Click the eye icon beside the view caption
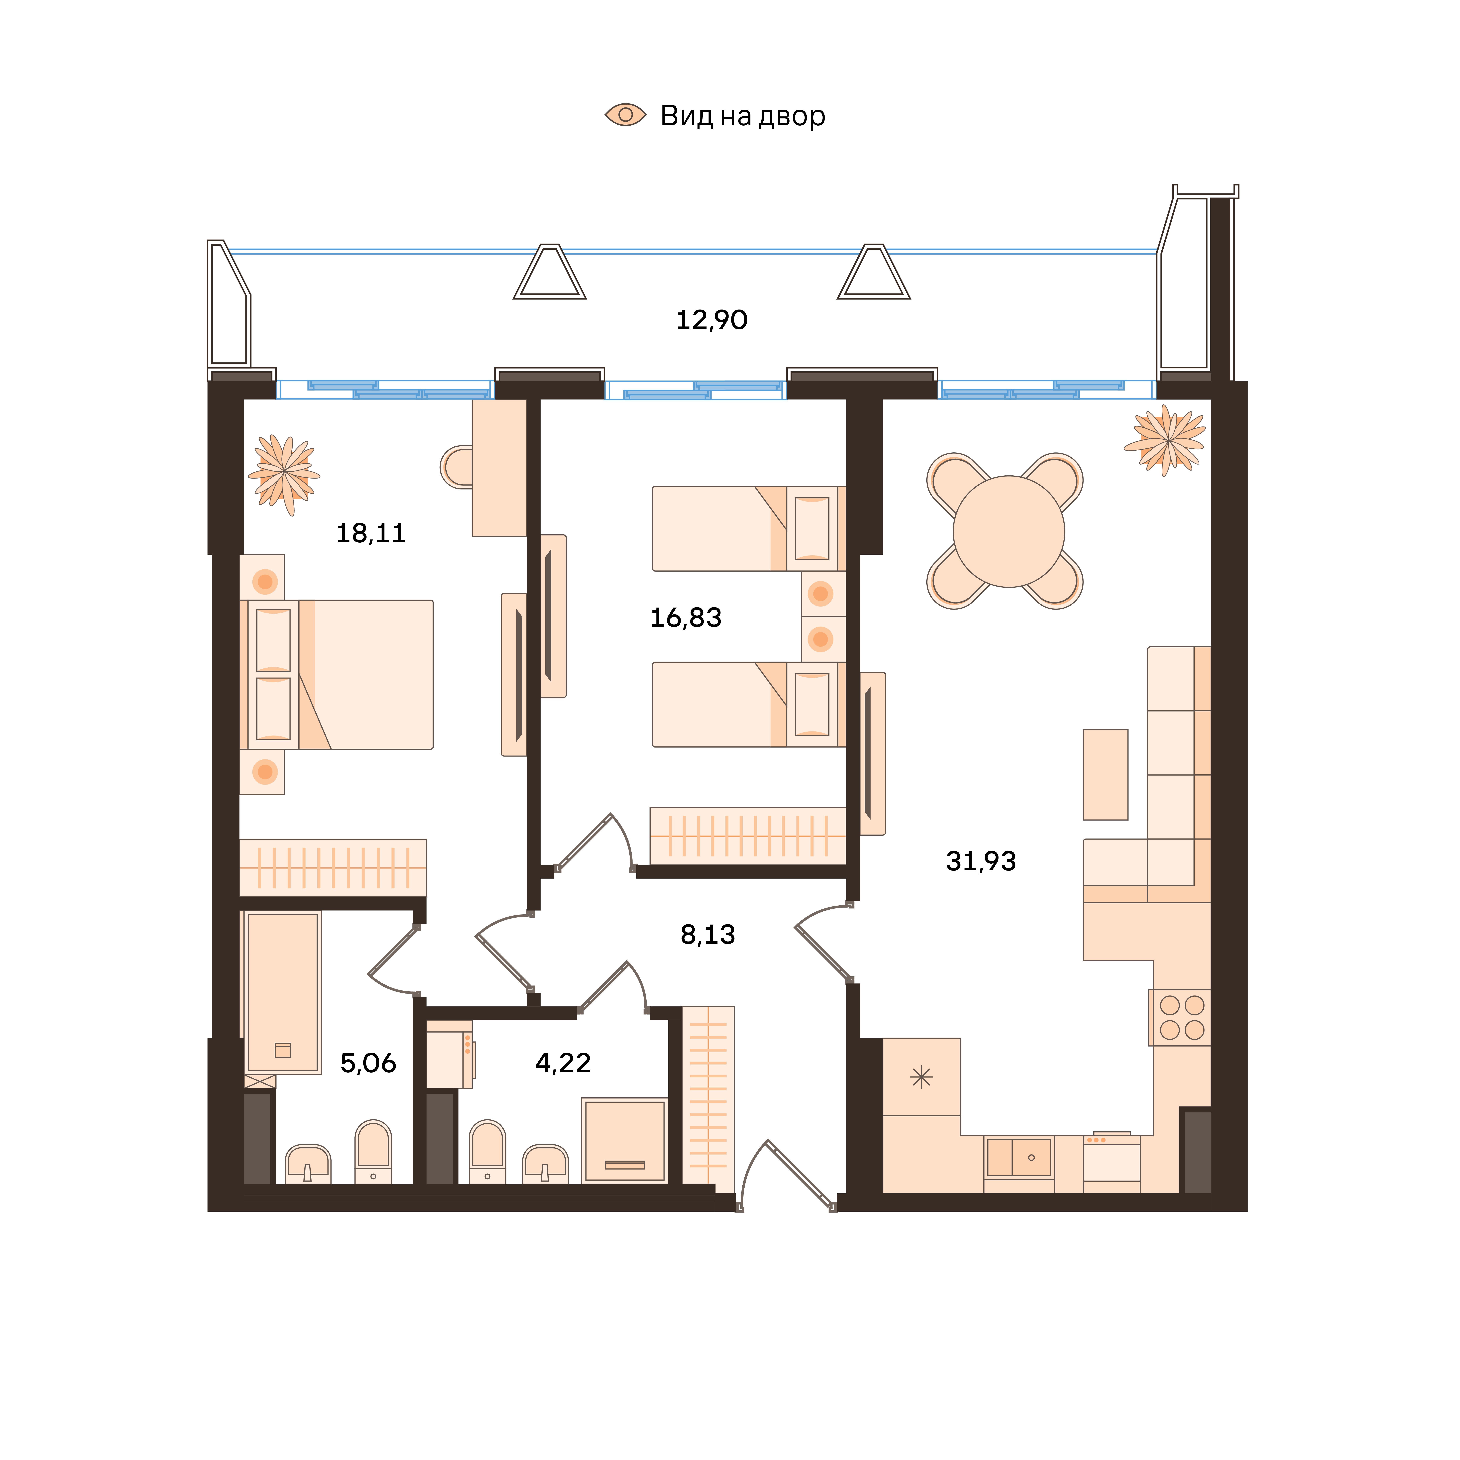click(626, 115)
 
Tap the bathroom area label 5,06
click(368, 1063)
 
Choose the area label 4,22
click(563, 1063)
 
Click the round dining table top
click(1009, 531)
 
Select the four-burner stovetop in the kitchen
click(1181, 1017)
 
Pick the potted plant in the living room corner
click(1165, 441)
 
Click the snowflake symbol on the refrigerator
click(921, 1077)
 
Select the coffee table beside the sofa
click(1106, 775)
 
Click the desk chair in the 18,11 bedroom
click(456, 467)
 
